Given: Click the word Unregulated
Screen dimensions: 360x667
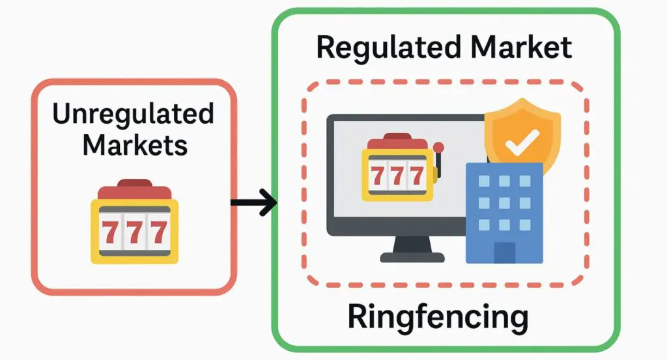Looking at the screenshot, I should tap(133, 114).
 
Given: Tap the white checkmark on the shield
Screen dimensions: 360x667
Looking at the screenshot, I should tap(521, 140).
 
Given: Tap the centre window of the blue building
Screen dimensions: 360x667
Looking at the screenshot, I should tap(504, 202).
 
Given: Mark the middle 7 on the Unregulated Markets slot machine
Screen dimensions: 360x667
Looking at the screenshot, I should tap(134, 231).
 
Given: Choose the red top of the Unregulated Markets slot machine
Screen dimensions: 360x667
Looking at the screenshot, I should tap(134, 190).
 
